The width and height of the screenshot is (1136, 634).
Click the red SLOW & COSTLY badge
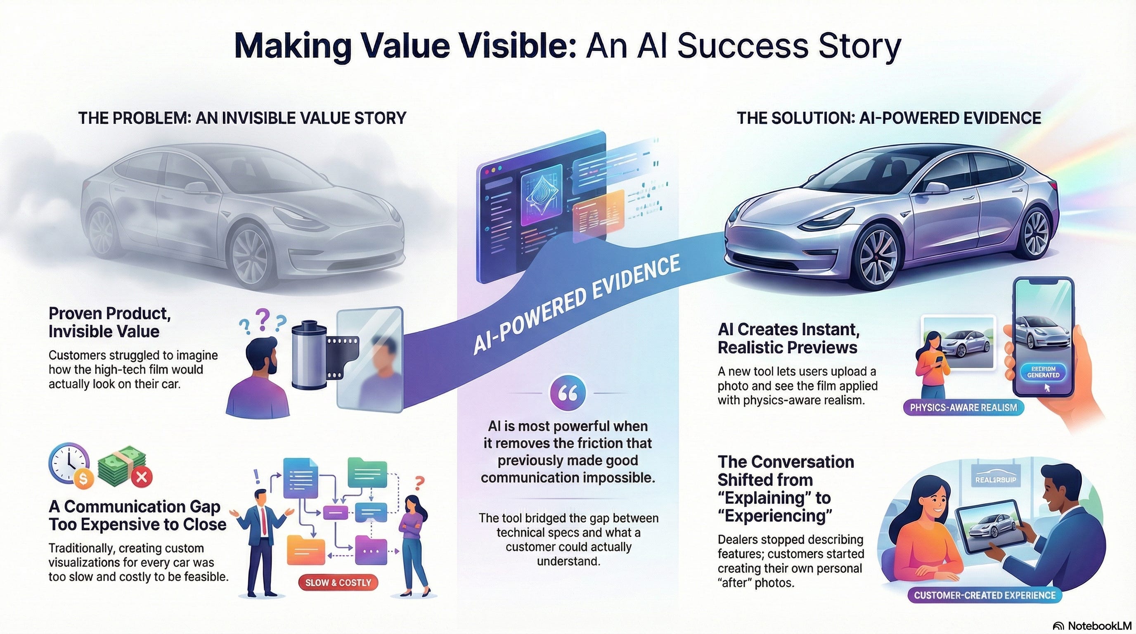(x=338, y=582)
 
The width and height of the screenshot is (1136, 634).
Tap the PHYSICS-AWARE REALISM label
(x=963, y=407)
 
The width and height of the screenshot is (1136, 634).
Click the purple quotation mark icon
(x=568, y=393)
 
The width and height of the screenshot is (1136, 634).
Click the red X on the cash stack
(x=142, y=477)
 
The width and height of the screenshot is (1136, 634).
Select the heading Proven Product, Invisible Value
(x=109, y=322)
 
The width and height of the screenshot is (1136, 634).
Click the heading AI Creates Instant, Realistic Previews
(x=788, y=338)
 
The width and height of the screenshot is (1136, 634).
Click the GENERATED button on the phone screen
(x=1043, y=373)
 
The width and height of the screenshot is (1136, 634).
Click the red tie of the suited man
(x=264, y=520)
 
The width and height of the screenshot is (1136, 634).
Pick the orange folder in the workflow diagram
(x=303, y=549)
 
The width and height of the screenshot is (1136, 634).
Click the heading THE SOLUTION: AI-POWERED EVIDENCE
(x=889, y=118)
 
